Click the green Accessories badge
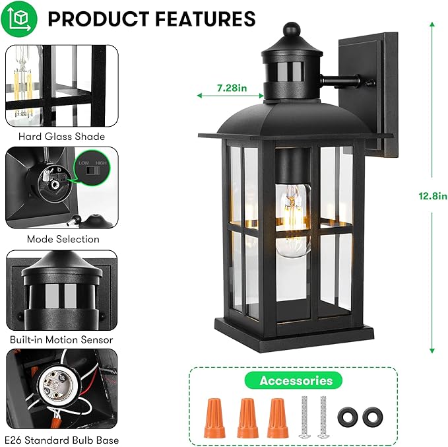[x=296, y=380]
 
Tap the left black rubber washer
[x=346, y=417]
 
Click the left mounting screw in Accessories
[x=305, y=417]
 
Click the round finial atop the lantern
[x=291, y=30]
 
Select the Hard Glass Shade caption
[x=61, y=137]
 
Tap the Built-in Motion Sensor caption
[x=61, y=340]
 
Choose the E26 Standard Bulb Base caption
[x=61, y=440]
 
